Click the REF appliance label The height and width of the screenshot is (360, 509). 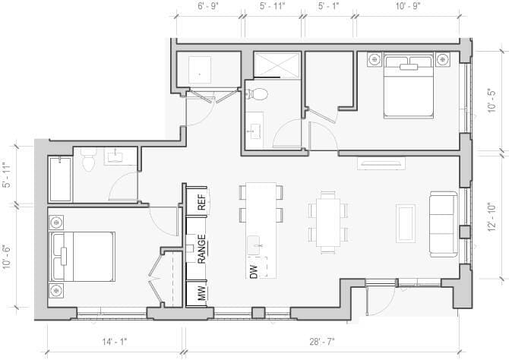(x=201, y=203)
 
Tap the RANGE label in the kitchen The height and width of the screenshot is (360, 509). (x=202, y=248)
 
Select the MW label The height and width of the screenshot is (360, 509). (x=202, y=293)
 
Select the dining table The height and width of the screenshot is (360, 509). (x=328, y=221)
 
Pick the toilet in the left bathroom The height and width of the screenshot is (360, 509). (x=87, y=160)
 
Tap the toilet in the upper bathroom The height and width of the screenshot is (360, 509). (x=258, y=94)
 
